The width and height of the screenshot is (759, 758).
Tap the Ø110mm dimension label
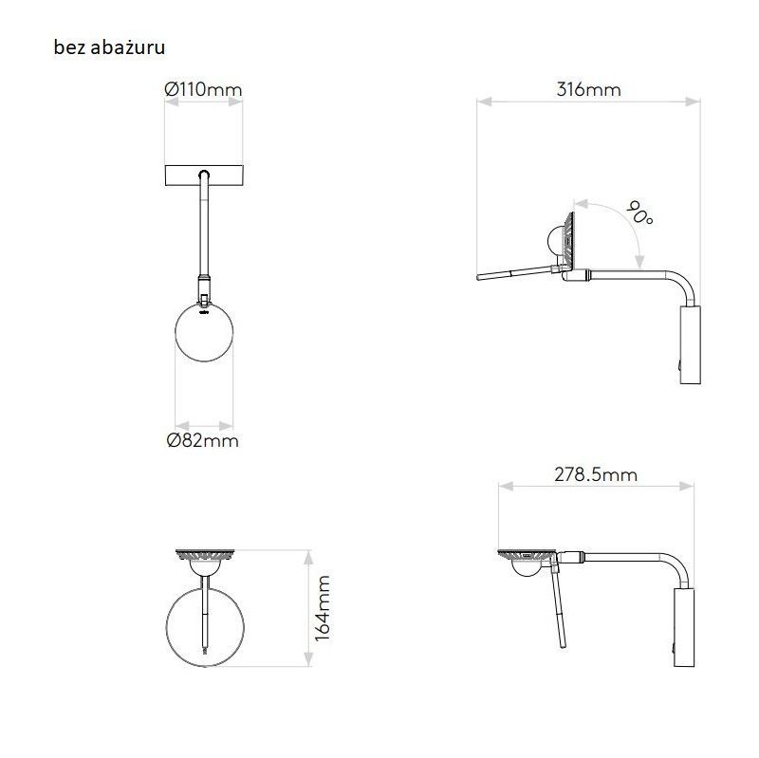point(203,90)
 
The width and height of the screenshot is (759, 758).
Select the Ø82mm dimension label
point(202,440)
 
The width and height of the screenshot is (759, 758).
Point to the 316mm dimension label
point(588,90)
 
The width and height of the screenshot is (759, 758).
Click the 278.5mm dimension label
point(596,474)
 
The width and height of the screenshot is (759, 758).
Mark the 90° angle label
point(641,216)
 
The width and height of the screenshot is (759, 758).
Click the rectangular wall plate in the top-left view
point(204,176)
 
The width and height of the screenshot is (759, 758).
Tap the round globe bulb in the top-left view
point(206,335)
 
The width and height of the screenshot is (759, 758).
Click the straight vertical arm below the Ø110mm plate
point(204,228)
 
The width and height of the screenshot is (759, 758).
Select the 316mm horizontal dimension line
point(588,102)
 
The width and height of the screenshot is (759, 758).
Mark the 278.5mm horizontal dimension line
point(596,486)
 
